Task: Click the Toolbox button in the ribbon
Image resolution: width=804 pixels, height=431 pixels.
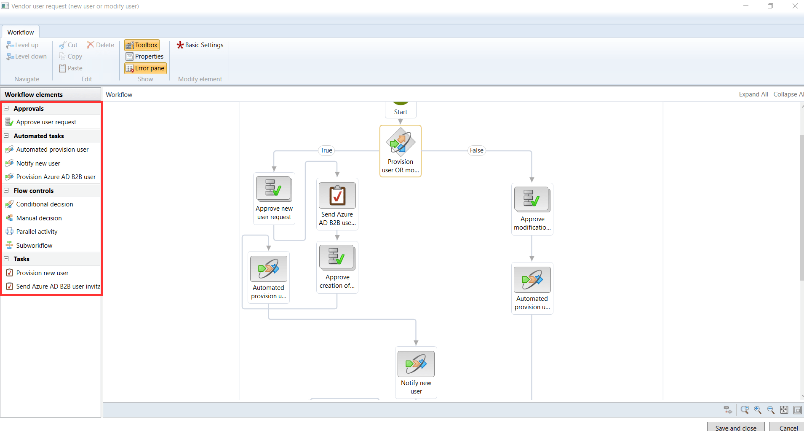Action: (142, 45)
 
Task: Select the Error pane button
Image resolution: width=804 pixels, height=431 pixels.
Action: (145, 68)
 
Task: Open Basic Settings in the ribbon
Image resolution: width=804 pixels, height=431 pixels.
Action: (200, 45)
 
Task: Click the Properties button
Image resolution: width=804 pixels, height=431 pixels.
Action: (145, 56)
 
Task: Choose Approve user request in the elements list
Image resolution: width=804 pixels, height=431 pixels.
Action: (46, 122)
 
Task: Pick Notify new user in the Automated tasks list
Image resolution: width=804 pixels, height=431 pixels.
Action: (38, 163)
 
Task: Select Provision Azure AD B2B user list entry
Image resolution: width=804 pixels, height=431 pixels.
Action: (56, 177)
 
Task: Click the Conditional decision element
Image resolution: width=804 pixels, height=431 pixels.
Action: (45, 204)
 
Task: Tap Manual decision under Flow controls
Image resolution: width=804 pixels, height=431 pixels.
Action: (39, 218)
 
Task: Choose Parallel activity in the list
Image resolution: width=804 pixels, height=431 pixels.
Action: (37, 232)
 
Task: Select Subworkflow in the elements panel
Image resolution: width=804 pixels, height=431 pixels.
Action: (35, 246)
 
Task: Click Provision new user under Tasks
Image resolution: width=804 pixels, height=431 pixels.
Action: (43, 273)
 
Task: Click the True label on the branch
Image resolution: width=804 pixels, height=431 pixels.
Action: (326, 150)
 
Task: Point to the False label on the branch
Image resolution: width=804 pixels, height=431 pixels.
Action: (477, 150)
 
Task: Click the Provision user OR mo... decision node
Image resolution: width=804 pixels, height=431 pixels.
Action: (401, 143)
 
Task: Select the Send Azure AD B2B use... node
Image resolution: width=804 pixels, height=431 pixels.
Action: (337, 195)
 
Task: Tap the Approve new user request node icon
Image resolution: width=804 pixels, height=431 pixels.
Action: (274, 188)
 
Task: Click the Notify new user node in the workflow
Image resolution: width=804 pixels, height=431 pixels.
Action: (416, 364)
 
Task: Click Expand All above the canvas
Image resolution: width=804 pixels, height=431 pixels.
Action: (753, 94)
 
